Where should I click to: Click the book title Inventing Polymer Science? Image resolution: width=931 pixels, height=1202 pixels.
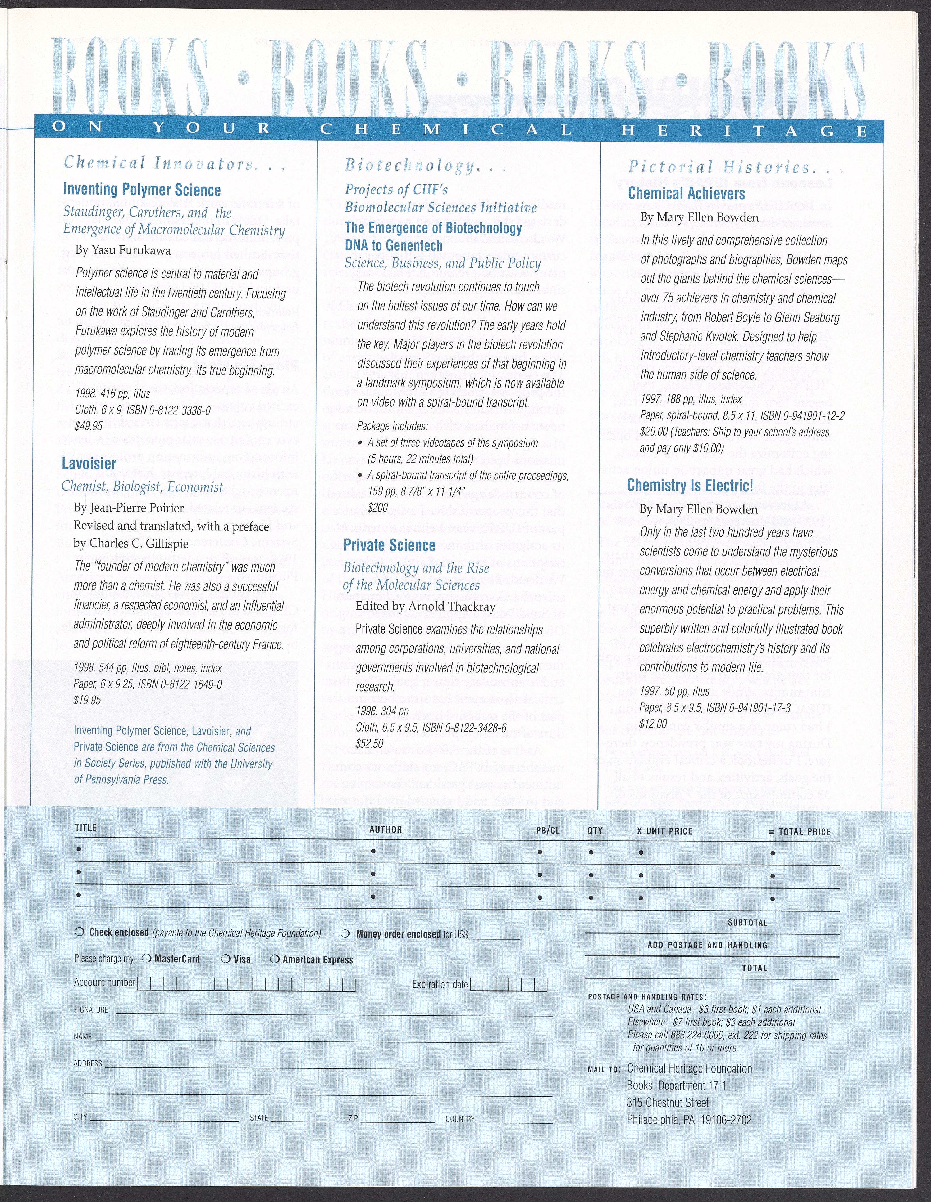(x=142, y=190)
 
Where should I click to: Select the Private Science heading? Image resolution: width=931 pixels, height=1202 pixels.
(x=389, y=545)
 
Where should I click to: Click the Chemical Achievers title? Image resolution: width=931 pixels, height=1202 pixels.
(x=686, y=194)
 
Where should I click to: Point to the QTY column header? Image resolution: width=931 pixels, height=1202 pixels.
(x=595, y=831)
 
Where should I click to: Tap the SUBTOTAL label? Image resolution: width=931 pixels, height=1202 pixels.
(x=747, y=922)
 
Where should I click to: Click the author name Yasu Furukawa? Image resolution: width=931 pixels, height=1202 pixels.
(x=123, y=250)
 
